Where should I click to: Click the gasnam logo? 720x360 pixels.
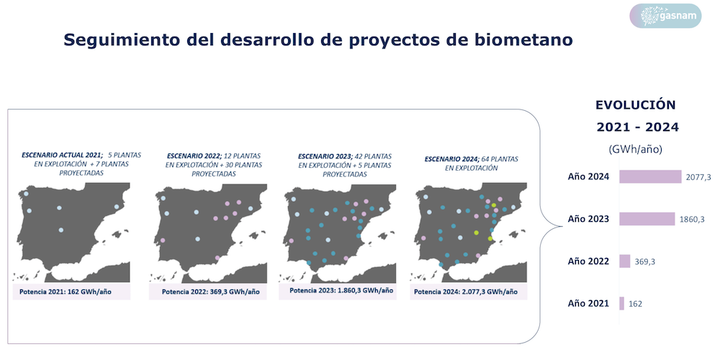click(665, 16)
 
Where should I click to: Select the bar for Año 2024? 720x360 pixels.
click(650, 176)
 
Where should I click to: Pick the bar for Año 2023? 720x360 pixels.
click(647, 219)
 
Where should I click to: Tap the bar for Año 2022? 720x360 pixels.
click(624, 261)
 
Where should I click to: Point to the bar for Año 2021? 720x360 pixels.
click(621, 304)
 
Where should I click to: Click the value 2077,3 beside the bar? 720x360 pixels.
click(699, 177)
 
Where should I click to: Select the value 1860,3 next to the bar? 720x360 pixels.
click(692, 219)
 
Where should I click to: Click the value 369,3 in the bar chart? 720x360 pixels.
click(644, 261)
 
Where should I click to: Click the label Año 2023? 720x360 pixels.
click(588, 219)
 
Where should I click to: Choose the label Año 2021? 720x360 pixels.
click(588, 304)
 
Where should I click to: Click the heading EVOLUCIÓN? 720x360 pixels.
click(636, 104)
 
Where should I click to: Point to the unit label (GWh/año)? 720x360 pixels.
click(636, 149)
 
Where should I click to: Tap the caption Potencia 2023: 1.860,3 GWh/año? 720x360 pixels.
click(341, 291)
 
